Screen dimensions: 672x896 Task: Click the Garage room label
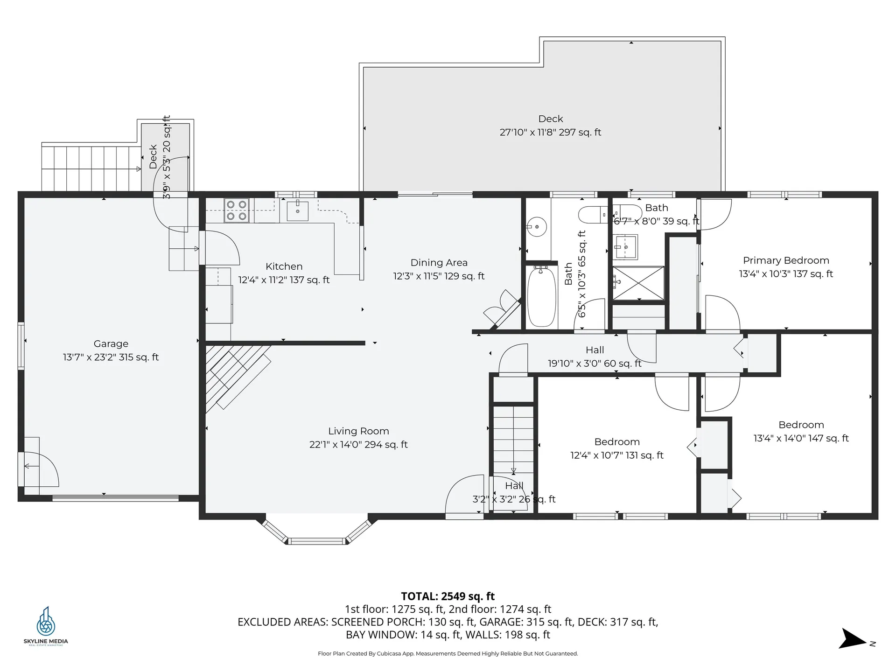111,344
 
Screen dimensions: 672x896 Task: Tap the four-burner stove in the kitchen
237,210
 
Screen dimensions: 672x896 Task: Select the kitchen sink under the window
297,210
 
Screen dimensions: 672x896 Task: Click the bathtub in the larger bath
541,297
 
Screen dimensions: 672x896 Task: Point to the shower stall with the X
638,283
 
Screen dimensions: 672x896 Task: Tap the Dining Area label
439,263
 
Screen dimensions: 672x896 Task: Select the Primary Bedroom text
786,260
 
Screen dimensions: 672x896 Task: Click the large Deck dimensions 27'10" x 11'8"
550,133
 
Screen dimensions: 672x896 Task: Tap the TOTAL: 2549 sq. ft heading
448,596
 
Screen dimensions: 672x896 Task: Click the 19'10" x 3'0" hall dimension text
595,364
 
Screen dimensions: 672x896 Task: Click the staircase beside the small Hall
513,439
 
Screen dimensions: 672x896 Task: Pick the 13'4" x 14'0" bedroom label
801,438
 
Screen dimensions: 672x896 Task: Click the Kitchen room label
284,266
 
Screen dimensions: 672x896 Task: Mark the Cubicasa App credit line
448,654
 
